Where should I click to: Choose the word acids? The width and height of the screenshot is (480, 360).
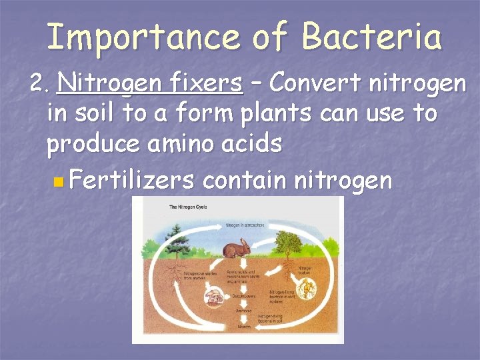tap(254, 143)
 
